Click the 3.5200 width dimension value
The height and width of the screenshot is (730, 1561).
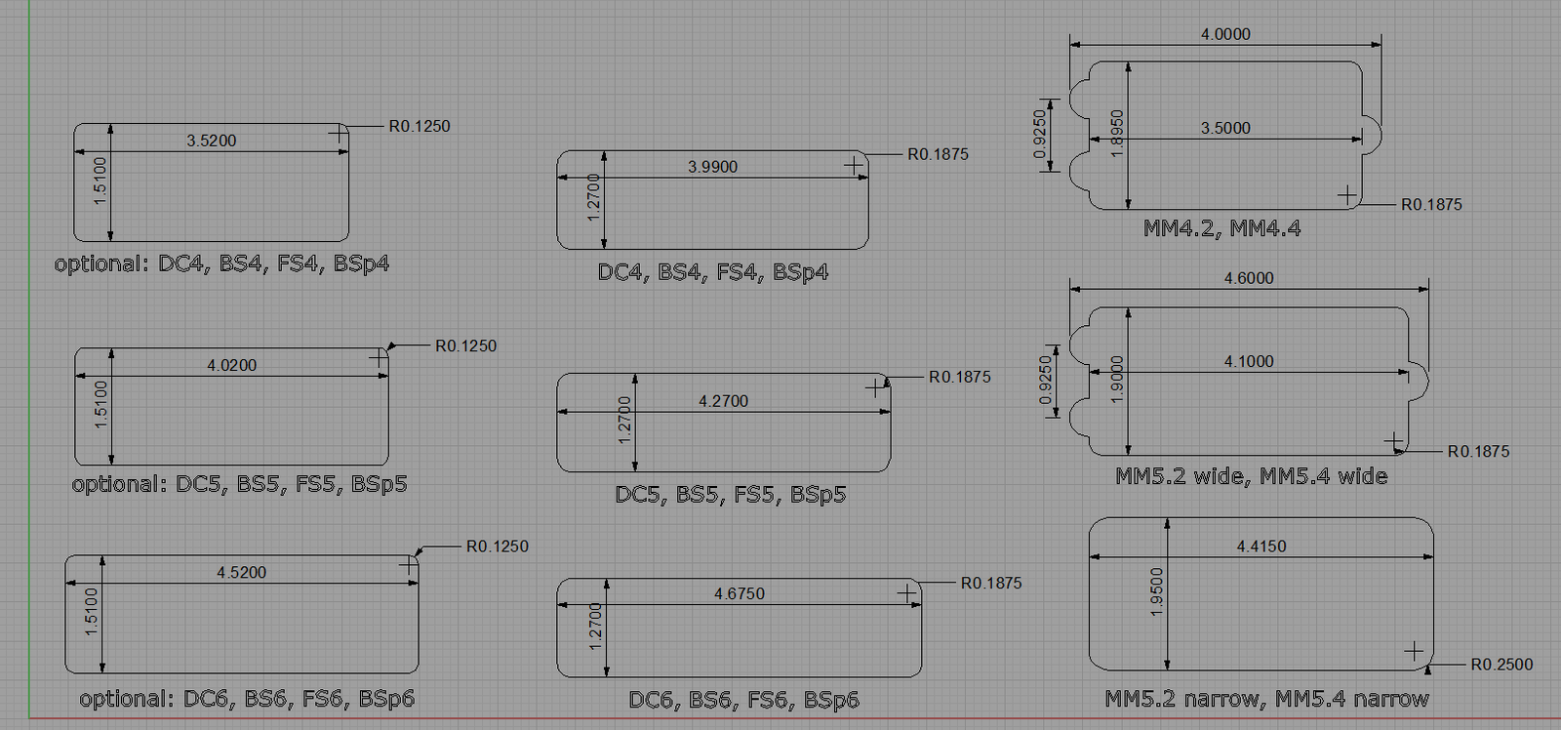tap(211, 141)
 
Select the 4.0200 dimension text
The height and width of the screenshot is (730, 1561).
tap(231, 365)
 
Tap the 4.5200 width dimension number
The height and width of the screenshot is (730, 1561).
tap(241, 573)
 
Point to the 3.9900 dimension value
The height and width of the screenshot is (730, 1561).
tap(712, 167)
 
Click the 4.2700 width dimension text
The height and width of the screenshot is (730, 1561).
tap(723, 401)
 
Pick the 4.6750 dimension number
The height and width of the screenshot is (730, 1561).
tap(740, 593)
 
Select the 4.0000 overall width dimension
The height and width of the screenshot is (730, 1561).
tap(1225, 34)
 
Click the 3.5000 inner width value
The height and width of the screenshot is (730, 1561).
tap(1225, 128)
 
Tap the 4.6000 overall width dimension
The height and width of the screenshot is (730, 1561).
tap(1249, 278)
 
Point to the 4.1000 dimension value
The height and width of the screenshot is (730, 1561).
tap(1249, 361)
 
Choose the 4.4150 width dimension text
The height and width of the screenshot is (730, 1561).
tap(1261, 546)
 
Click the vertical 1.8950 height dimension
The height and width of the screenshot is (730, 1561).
tap(1116, 134)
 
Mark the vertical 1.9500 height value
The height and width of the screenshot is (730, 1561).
tap(1157, 592)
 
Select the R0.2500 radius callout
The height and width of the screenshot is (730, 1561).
tap(1501, 665)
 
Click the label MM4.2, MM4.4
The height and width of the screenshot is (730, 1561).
tap(1221, 228)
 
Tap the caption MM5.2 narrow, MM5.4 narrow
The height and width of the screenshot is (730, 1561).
tap(1267, 699)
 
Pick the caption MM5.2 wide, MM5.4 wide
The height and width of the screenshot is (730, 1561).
tap(1252, 477)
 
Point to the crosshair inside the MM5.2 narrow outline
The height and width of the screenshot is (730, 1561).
tap(1414, 651)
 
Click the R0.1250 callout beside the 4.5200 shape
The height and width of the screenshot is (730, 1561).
tap(497, 546)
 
